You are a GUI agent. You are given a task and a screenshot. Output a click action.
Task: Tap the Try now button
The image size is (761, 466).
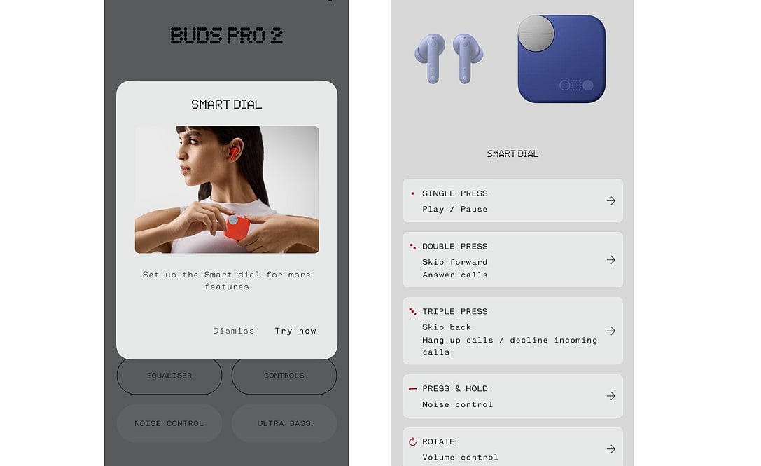coord(295,331)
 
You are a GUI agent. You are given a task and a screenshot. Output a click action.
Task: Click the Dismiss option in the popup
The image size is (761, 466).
coord(234,331)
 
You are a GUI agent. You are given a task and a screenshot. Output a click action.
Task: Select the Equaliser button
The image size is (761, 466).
coord(169,376)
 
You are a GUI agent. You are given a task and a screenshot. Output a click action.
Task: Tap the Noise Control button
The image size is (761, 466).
coord(169,423)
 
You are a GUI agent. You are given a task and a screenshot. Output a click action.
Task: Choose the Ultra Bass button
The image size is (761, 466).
coord(284,423)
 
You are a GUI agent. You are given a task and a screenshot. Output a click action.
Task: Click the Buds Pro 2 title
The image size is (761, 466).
coord(227,36)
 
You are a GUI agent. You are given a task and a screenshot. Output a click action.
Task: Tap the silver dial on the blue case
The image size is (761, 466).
coord(536,33)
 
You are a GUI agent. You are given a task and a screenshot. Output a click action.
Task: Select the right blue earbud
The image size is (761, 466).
coord(467,57)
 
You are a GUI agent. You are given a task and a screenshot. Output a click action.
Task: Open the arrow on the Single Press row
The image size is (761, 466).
coord(611,200)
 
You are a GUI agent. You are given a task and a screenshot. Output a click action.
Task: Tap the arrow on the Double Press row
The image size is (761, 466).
coord(611,260)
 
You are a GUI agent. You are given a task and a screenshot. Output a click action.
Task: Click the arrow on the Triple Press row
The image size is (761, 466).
coord(611,331)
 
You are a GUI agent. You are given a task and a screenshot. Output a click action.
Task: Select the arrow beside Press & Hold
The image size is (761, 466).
coord(611,396)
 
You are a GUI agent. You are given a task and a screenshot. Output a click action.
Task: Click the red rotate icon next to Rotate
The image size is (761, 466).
coord(412,442)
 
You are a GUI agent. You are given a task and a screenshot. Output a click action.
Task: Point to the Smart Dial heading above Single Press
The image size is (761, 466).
coord(512,153)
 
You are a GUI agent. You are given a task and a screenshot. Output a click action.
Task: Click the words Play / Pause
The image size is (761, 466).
coord(454,209)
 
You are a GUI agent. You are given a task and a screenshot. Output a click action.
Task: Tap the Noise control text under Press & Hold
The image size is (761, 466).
coord(457,404)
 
